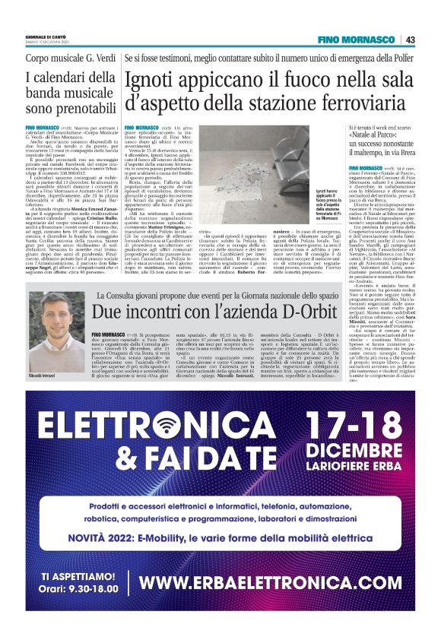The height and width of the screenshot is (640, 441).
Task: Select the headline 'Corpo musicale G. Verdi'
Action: click(x=68, y=59)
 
